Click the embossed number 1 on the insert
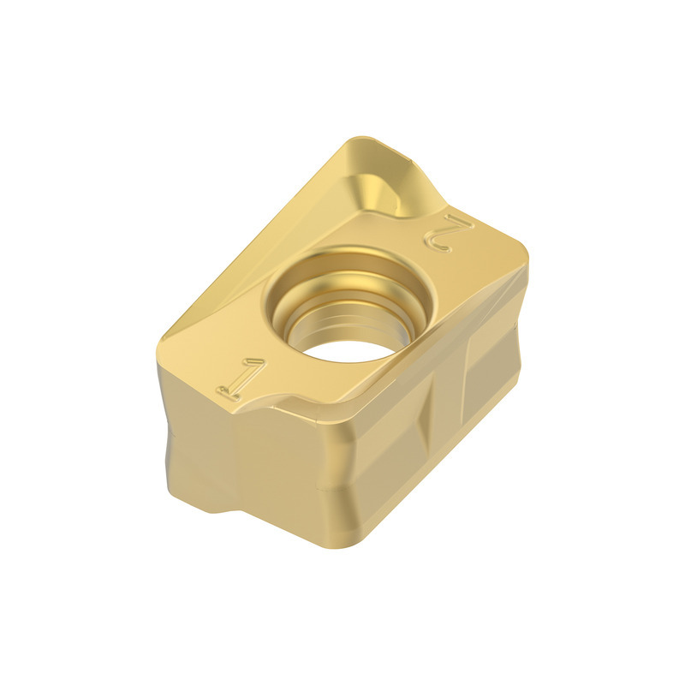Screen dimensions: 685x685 point(241,378)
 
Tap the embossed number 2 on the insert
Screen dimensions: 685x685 point(449,233)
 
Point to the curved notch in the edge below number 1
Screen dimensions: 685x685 point(280,401)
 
